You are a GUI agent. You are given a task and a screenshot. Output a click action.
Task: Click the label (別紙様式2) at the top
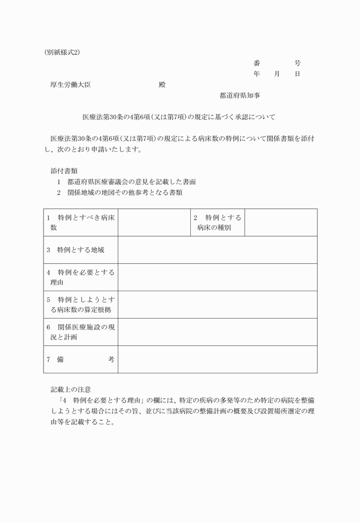62,51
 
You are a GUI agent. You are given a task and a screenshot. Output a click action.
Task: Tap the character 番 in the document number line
257,63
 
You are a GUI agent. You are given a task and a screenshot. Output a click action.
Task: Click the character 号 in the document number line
297,63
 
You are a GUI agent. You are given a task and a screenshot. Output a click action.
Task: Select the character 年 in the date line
257,74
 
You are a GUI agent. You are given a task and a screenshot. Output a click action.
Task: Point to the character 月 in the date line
277,74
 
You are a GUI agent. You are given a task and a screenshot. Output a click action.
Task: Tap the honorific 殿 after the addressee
162,85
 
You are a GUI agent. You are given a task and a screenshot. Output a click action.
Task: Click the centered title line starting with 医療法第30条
179,117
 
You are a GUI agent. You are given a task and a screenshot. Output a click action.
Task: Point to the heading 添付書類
64,171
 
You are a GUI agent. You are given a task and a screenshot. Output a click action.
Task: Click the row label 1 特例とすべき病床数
81,223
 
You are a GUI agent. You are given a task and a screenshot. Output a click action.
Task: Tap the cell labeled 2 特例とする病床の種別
217,223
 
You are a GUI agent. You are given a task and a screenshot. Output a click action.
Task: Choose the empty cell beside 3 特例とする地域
217,250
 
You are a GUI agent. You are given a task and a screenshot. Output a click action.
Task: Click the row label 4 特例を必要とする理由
81,277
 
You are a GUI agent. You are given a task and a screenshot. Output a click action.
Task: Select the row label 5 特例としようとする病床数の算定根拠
81,304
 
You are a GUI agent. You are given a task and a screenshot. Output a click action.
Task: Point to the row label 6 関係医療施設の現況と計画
81,332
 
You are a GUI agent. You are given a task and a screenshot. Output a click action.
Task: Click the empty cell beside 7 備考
217,359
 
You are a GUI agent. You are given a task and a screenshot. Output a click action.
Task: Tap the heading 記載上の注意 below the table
71,389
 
